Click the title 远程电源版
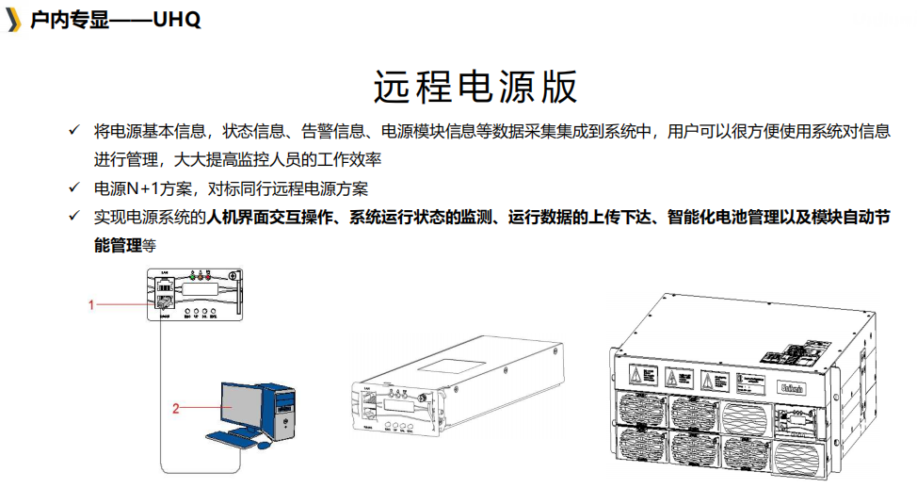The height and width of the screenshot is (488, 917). point(475,87)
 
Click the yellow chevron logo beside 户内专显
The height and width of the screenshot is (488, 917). point(13,20)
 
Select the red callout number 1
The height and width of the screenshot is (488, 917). point(91,304)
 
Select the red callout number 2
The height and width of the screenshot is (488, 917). point(175,407)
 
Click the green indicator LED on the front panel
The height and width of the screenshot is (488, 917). point(193,276)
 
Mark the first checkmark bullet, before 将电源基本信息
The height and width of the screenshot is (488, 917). point(73,130)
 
